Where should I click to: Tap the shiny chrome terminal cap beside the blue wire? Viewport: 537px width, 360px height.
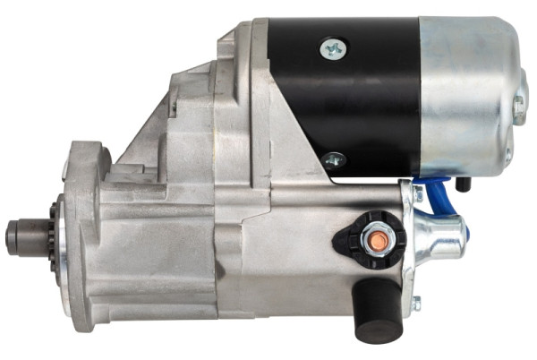441,236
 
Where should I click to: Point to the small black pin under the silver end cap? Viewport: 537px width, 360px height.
463,184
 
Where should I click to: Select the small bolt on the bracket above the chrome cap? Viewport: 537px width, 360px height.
417,193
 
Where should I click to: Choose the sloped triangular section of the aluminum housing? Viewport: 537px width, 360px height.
179,134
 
